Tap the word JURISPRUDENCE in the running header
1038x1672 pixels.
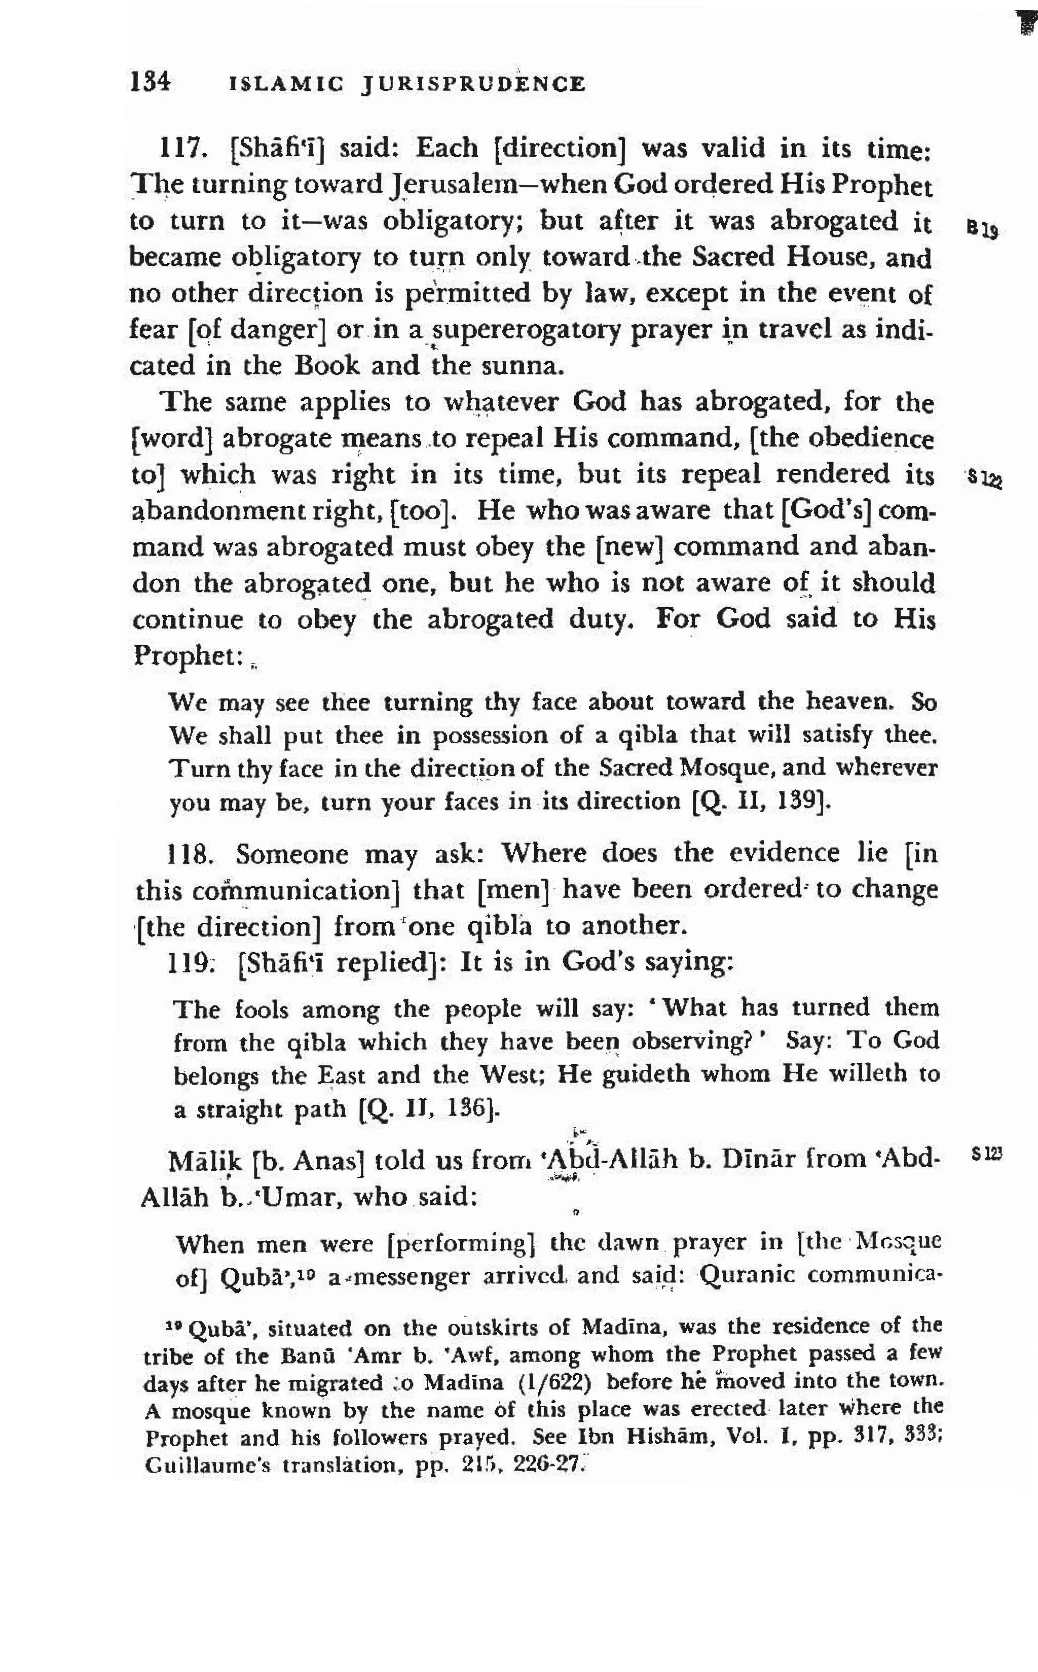click(474, 85)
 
